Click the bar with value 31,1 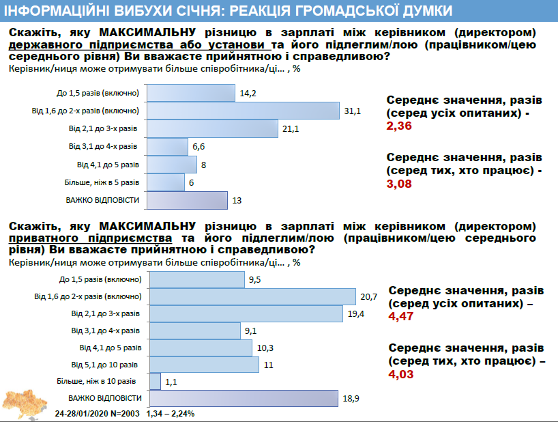click(x=244, y=111)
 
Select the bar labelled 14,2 click(x=191, y=93)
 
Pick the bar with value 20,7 click(x=252, y=296)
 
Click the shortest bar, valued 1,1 click(x=155, y=381)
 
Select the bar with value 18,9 click(x=244, y=398)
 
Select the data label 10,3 click(x=267, y=348)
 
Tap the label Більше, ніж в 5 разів click(x=103, y=182)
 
